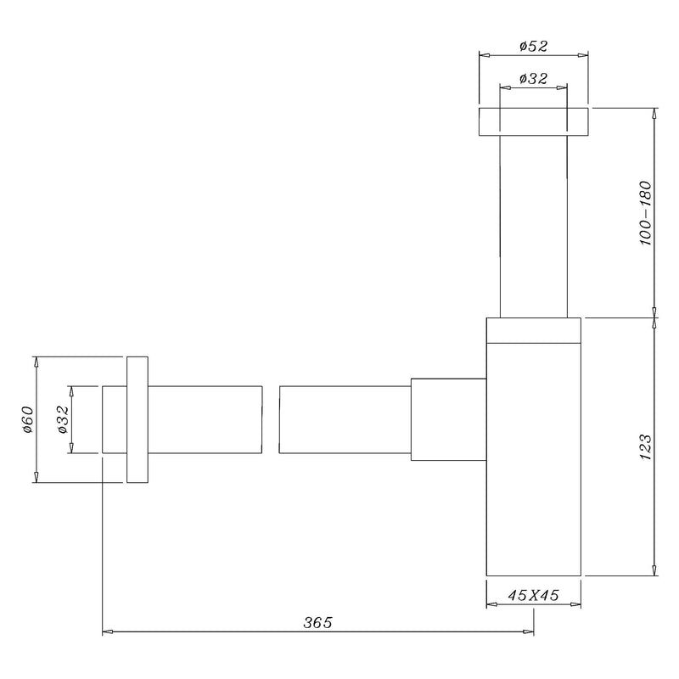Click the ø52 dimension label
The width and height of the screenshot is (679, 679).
coord(534,46)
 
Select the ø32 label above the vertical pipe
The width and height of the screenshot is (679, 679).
coord(534,78)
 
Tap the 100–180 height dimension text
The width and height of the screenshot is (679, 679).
coord(645,214)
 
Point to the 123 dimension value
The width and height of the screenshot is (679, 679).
coord(645,446)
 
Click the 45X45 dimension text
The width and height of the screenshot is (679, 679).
coord(534,595)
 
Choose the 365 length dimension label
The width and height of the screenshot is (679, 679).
coord(317,622)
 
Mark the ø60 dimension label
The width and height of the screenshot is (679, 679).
coord(27,419)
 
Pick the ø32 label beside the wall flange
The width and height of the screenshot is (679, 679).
coord(63,419)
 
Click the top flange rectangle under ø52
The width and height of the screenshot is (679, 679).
coord(534,121)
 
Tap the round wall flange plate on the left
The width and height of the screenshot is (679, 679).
coord(137,419)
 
